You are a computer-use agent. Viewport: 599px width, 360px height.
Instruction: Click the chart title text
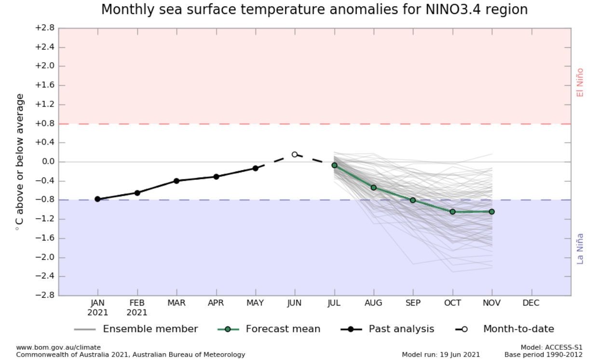314,10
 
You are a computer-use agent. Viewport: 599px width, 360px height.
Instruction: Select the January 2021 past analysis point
98,199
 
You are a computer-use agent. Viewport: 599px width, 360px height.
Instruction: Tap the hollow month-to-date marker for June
295,155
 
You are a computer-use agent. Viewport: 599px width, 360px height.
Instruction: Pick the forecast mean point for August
373,187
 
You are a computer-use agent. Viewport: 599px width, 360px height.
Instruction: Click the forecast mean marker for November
492,212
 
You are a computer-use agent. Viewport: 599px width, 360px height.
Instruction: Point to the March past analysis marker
177,181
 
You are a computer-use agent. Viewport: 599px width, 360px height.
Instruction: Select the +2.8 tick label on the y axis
44,28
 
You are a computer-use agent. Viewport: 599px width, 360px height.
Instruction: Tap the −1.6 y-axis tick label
44,238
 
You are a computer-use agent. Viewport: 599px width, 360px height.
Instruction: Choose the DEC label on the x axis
531,303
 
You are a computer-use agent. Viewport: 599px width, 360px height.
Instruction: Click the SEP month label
413,303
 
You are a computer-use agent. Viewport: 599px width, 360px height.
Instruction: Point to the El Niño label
580,82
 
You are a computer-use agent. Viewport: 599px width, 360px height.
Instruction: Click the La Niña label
580,249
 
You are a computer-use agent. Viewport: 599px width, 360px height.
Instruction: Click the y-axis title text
20,162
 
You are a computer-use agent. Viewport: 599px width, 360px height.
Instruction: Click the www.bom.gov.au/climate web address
58,347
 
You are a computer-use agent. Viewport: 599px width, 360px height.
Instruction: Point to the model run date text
440,355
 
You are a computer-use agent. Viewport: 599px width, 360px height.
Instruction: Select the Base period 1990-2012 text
544,355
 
